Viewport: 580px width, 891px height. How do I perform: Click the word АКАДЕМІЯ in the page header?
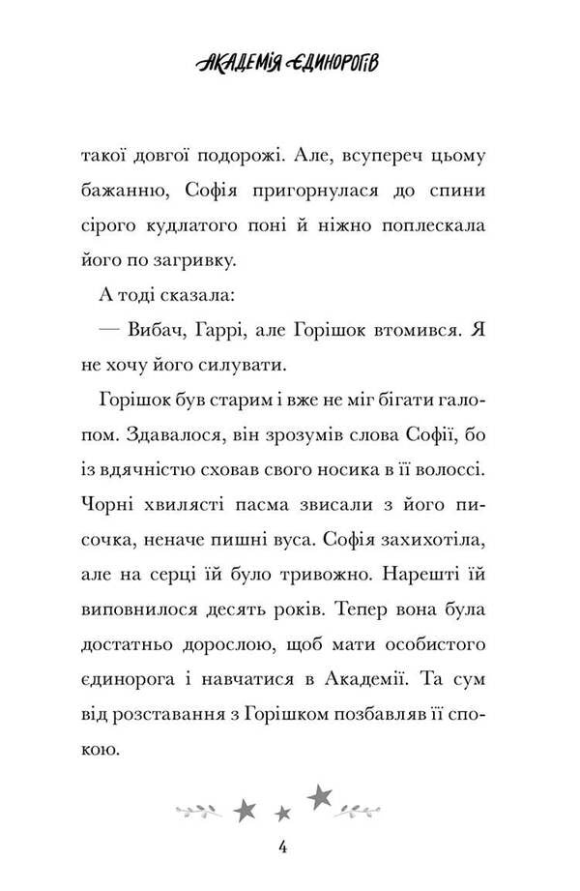click(248, 65)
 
